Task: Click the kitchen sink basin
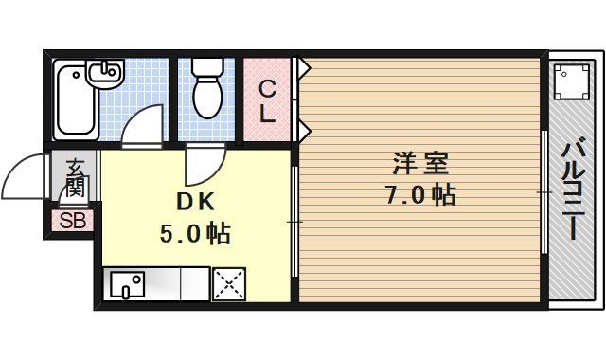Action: (125, 284)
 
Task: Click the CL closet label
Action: (268, 101)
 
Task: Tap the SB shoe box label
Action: (72, 222)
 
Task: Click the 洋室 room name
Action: (420, 162)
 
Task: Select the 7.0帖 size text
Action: (420, 195)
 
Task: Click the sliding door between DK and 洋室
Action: (294, 222)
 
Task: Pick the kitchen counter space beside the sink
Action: (177, 284)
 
